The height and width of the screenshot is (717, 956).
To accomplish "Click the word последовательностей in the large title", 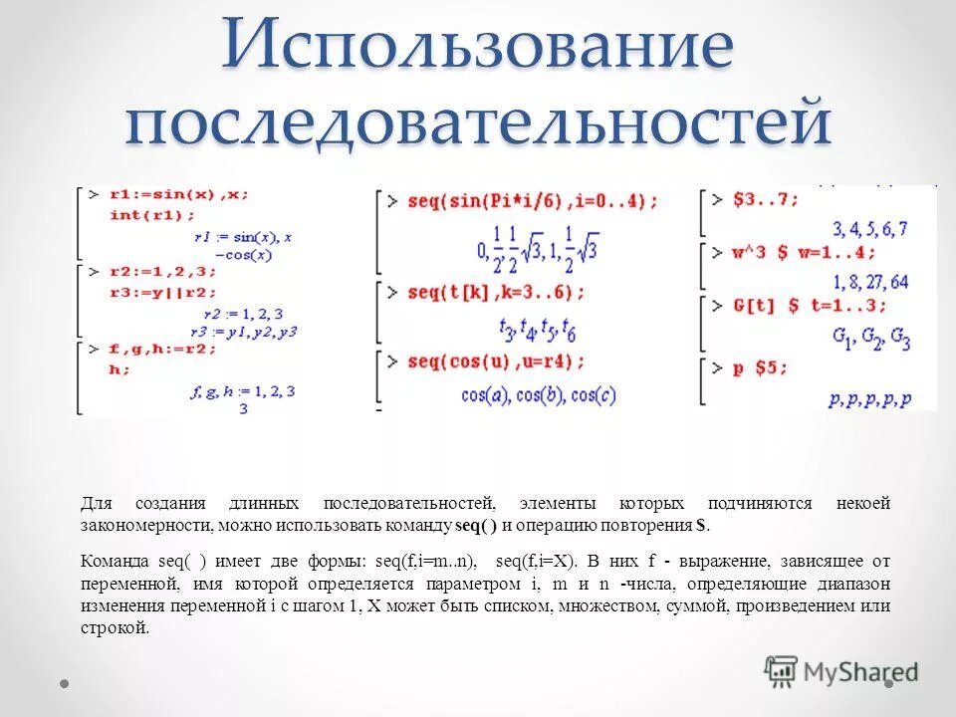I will [478, 125].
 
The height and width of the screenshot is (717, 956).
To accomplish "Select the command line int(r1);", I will [152, 214].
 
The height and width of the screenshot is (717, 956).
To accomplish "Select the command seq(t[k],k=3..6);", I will [495, 293].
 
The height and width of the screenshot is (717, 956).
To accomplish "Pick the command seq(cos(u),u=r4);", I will [496, 360].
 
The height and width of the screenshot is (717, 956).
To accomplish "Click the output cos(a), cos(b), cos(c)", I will [539, 394].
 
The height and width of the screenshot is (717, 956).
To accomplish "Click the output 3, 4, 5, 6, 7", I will [869, 228].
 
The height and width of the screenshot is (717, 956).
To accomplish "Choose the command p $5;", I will [761, 367].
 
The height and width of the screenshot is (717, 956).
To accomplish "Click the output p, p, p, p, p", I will [869, 399].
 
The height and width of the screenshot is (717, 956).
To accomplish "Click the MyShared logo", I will [841, 672].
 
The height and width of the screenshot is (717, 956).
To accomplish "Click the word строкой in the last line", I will [114, 628].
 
